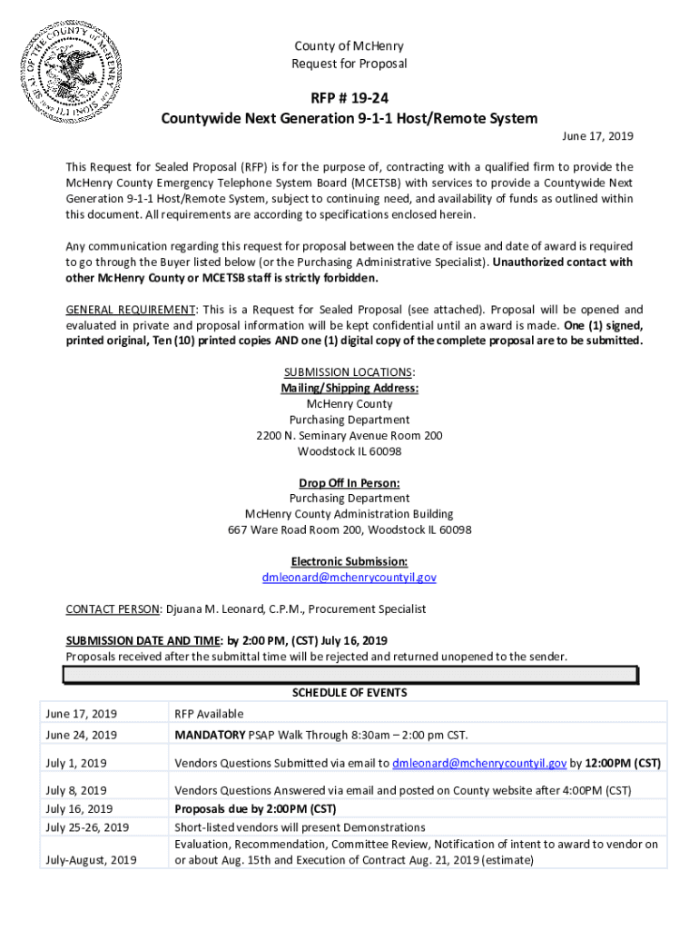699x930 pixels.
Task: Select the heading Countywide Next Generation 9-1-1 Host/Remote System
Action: pos(349,118)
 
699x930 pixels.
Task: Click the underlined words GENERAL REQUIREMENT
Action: pos(130,310)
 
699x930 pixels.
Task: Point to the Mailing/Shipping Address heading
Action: pos(349,388)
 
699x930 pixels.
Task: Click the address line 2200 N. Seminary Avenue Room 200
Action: pos(349,436)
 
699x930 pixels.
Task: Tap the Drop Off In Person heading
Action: pos(349,482)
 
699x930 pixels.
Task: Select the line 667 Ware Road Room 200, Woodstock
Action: pos(349,529)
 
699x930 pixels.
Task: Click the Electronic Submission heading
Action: pos(349,561)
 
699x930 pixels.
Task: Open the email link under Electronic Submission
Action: pos(349,577)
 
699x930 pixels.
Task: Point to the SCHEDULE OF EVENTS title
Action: pos(349,693)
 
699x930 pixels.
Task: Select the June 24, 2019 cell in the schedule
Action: pos(81,735)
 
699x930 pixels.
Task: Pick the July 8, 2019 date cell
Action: pos(76,790)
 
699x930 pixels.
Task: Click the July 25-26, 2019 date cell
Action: pos(87,827)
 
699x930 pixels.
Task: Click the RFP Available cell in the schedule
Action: pos(209,714)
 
